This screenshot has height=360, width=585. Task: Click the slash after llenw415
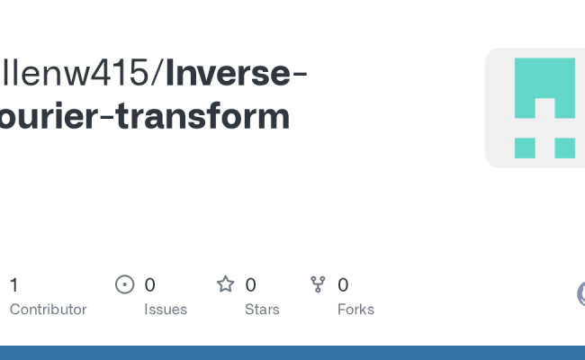point(158,75)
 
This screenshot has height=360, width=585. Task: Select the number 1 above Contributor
point(13,285)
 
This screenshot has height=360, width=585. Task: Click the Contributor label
point(48,310)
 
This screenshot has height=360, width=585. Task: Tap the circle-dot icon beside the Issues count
point(125,285)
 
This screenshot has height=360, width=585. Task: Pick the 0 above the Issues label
point(149,285)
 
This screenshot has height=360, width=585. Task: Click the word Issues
point(166,310)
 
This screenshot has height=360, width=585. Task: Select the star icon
point(225,285)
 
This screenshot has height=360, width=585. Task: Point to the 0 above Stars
point(250,285)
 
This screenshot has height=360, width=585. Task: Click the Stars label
point(262,310)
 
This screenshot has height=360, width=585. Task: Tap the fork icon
point(318,285)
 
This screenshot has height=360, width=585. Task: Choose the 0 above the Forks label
point(343,285)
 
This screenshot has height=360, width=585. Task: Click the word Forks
point(355,310)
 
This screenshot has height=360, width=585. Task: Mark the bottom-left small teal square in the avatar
point(525,148)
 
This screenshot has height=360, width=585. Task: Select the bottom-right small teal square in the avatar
point(564,148)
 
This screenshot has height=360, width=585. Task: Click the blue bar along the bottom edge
point(292,353)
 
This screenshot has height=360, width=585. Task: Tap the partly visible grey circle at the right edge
point(580,293)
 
